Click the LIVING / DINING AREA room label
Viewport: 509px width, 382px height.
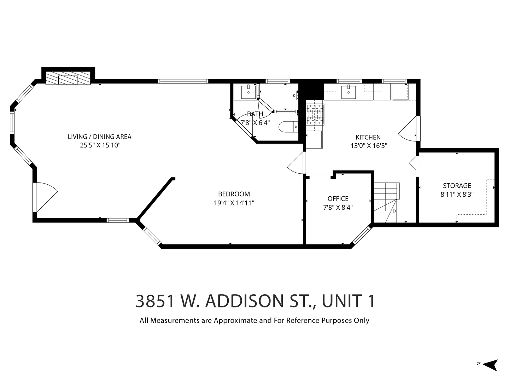[x=99, y=137]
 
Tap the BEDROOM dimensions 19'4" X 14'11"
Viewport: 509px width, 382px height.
[x=234, y=203]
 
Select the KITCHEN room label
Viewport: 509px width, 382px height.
[x=368, y=137]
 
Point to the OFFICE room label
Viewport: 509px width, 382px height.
[x=338, y=198]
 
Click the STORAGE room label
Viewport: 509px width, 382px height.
[x=457, y=186]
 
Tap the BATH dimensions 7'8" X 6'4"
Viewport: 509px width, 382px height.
[x=255, y=122]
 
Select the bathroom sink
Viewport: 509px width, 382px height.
[x=248, y=92]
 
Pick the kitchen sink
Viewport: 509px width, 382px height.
[x=349, y=92]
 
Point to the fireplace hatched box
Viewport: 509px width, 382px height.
[x=68, y=78]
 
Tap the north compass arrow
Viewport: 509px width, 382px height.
[x=491, y=365]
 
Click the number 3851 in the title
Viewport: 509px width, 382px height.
[x=155, y=301]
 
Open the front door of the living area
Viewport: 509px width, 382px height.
[x=45, y=197]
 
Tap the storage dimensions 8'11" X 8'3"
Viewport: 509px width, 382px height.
[x=457, y=195]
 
